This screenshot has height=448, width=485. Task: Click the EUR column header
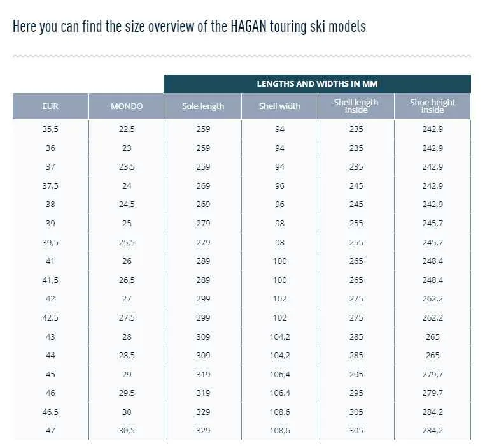(x=50, y=106)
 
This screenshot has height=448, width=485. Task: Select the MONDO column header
(x=127, y=106)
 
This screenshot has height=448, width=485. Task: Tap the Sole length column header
(x=203, y=106)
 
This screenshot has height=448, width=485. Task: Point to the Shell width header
(x=279, y=106)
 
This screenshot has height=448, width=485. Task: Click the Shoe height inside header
(x=432, y=106)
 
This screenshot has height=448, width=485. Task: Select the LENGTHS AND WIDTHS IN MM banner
(x=317, y=84)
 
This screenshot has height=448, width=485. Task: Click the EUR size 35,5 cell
(x=50, y=129)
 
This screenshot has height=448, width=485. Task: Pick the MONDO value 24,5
(x=127, y=205)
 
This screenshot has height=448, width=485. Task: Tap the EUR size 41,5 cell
(x=50, y=280)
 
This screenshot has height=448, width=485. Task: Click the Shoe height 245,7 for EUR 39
(x=432, y=224)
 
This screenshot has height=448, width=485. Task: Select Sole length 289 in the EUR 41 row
(x=203, y=261)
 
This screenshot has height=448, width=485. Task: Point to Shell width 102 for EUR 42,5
(x=279, y=318)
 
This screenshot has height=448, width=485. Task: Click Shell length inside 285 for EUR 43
(x=356, y=336)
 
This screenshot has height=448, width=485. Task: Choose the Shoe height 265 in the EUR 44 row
(x=432, y=356)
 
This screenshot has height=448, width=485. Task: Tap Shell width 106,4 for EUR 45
(x=279, y=375)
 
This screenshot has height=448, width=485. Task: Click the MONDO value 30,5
(x=127, y=431)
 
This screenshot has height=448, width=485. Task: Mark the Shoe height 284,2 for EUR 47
(x=432, y=431)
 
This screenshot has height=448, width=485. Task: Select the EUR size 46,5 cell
(x=50, y=412)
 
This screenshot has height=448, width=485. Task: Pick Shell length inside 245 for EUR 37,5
(x=356, y=186)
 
